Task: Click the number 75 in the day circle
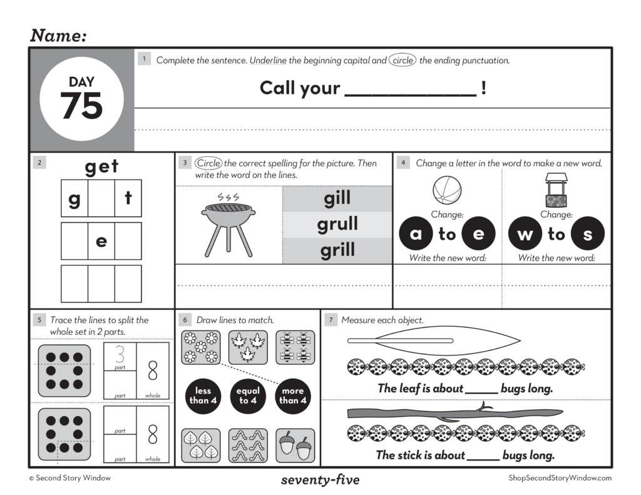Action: tap(81, 106)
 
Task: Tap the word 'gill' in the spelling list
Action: tap(337, 199)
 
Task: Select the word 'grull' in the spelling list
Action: tap(337, 224)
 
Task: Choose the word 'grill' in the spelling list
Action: tap(337, 250)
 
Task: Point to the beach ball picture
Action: tap(447, 190)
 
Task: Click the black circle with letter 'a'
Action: tap(416, 235)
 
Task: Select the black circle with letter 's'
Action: tap(587, 235)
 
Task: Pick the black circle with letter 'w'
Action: tap(525, 235)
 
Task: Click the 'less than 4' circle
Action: tap(203, 395)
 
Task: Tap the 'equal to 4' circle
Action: tap(248, 395)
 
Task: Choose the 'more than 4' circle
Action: tap(292, 395)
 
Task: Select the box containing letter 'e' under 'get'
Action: tap(101, 241)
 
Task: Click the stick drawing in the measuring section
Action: tap(446, 413)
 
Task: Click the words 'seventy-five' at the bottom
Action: tap(320, 481)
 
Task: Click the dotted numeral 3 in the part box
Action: tap(120, 356)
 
